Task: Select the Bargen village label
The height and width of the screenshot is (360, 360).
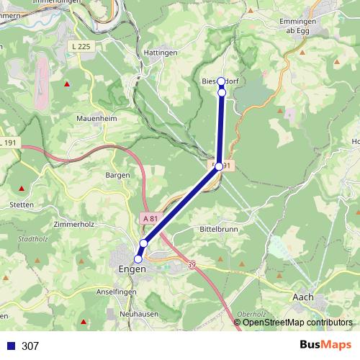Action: click(x=117, y=175)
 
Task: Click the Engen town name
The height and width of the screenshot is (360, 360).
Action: click(x=131, y=269)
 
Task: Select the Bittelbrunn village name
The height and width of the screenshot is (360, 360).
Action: click(x=218, y=228)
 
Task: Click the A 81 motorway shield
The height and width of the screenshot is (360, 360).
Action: click(x=150, y=218)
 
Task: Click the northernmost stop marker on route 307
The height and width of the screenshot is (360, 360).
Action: click(x=221, y=81)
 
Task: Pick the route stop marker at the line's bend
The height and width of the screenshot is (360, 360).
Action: click(x=219, y=166)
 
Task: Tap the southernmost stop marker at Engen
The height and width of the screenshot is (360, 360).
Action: click(x=138, y=259)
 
